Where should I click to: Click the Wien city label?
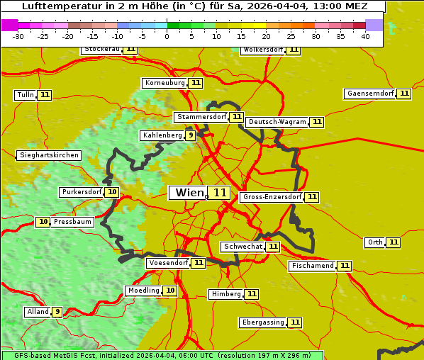[188, 193]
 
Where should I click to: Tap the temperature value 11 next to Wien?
[219, 193]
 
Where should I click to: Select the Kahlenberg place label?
[162, 135]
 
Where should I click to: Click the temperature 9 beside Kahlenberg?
[191, 135]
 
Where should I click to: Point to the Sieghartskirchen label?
[48, 155]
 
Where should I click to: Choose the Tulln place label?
[25, 95]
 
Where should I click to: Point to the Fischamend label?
[312, 266]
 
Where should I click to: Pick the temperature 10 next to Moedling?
[170, 291]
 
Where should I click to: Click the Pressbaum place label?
[73, 222]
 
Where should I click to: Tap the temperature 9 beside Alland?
[57, 311]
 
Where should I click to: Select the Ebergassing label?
[262, 322]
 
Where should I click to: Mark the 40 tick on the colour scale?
[365, 37]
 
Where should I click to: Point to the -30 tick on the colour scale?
[18, 37]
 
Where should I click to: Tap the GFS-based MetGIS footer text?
[162, 355]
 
